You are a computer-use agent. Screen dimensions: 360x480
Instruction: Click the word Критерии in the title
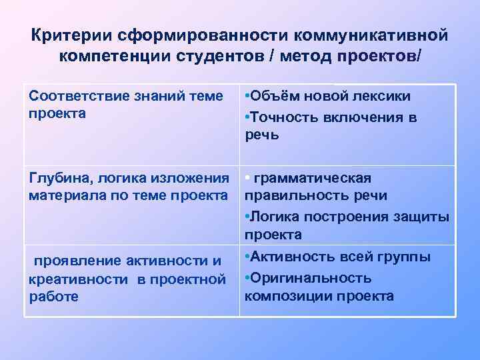71,35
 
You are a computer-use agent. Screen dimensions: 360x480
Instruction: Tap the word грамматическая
313,179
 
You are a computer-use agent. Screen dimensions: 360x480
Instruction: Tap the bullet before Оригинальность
247,277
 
